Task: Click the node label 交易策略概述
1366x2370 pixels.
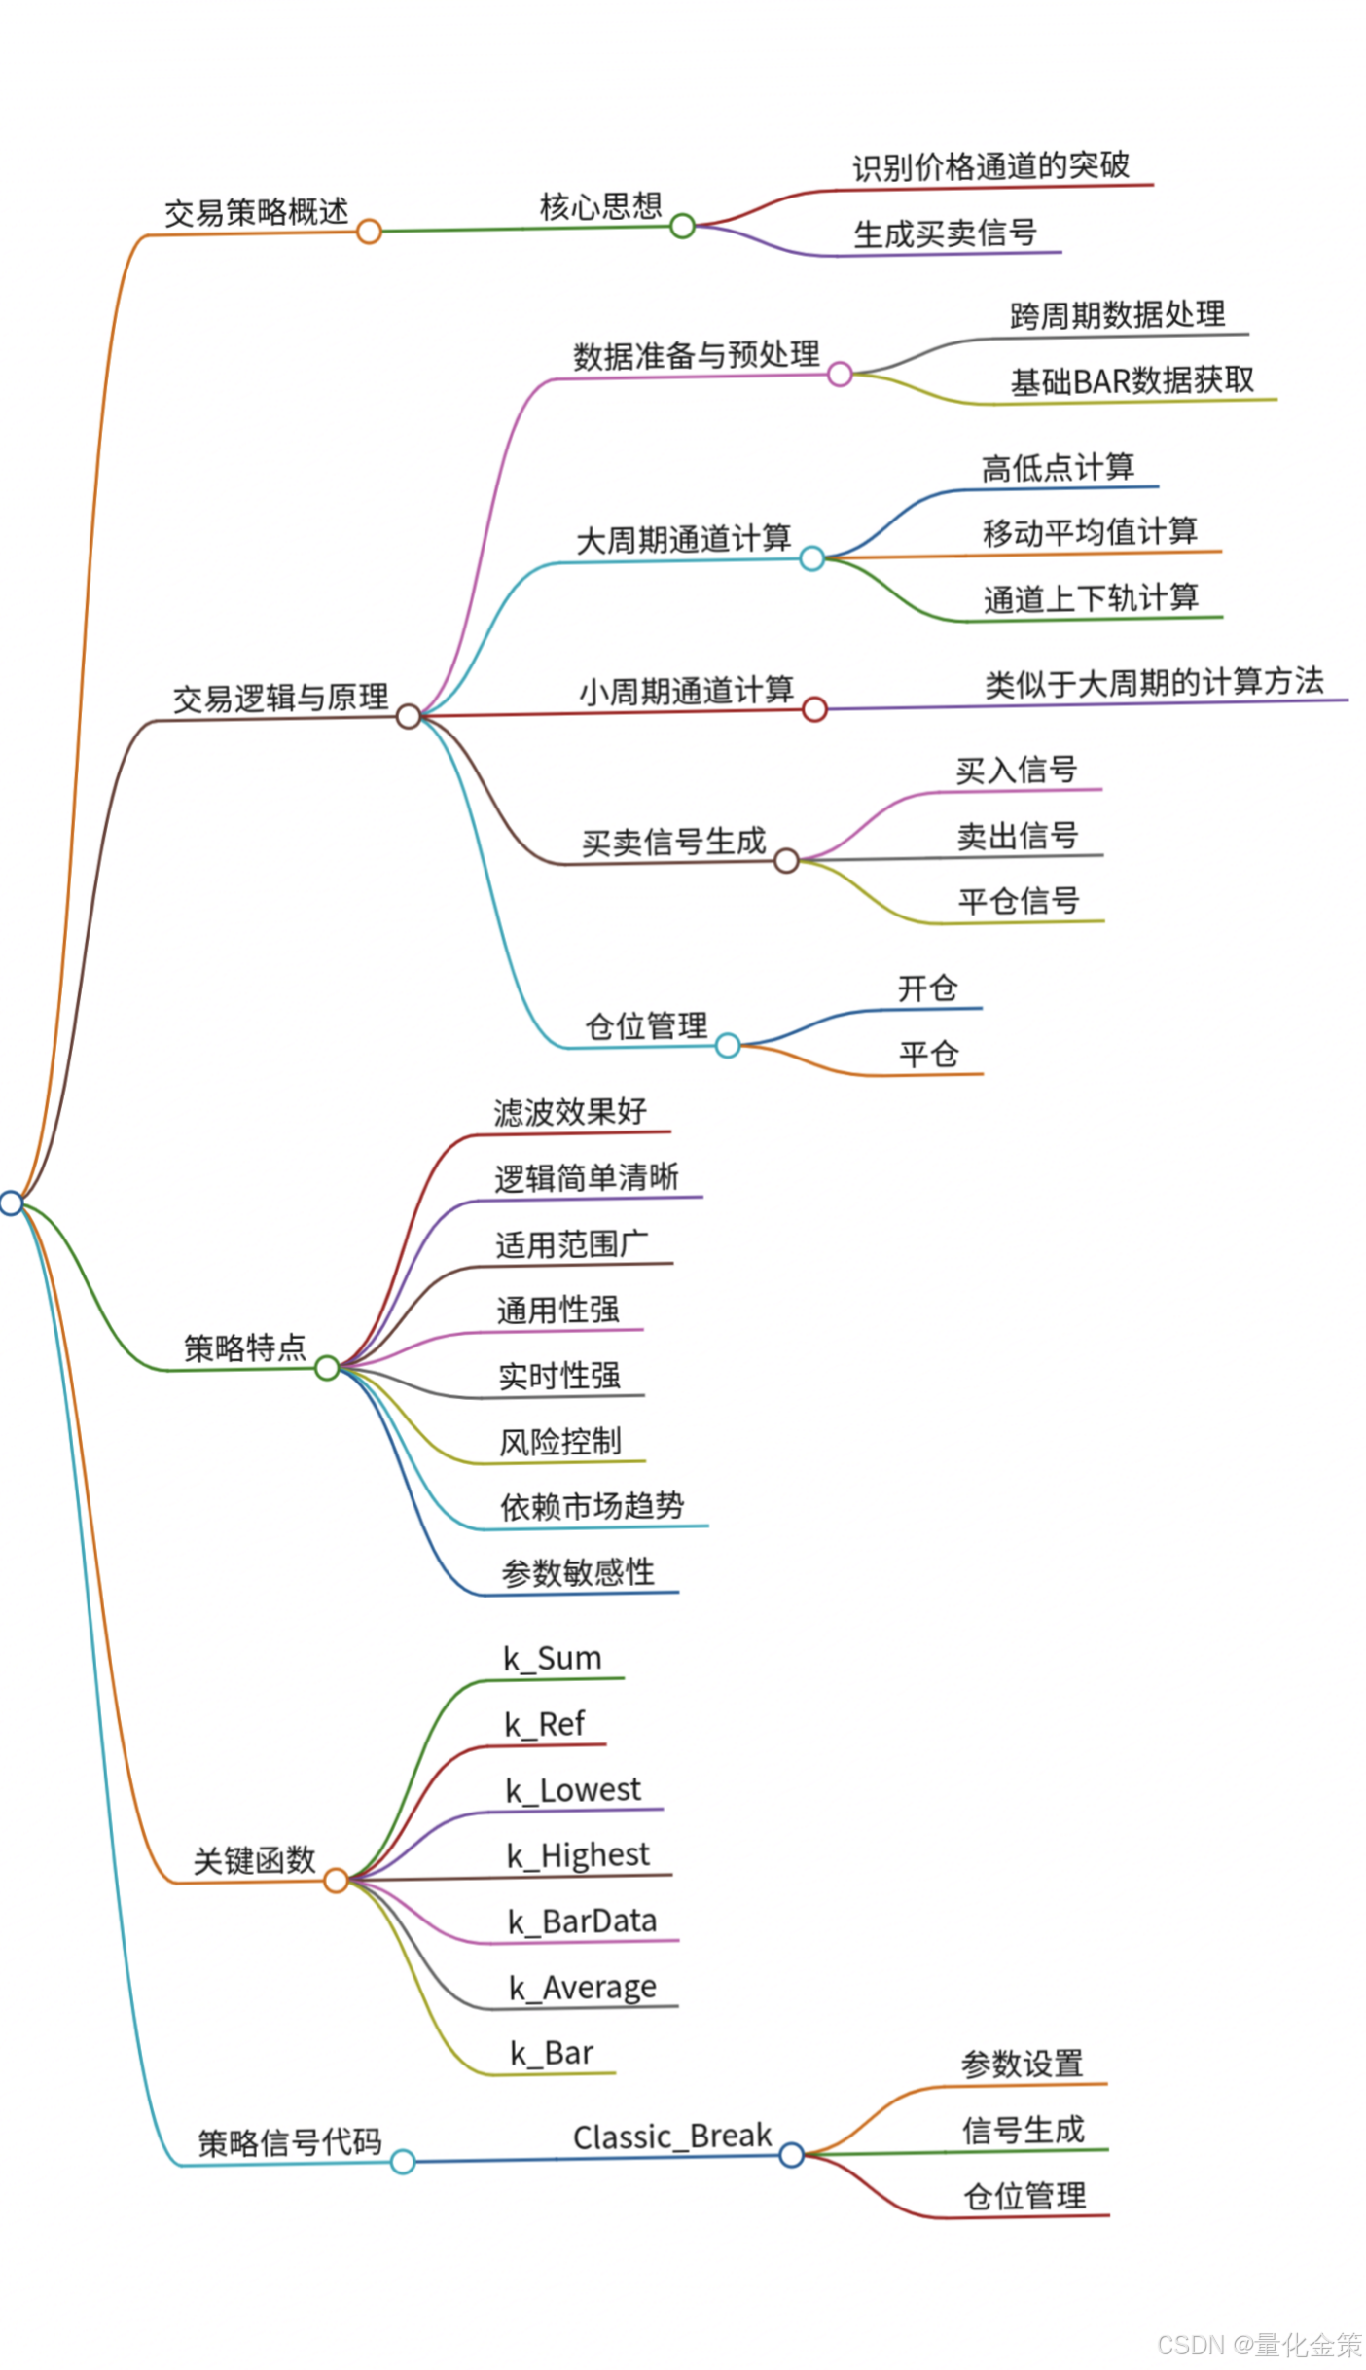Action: (x=256, y=211)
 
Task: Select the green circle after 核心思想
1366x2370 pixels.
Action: (x=682, y=227)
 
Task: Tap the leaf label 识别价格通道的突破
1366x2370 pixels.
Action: (x=990, y=166)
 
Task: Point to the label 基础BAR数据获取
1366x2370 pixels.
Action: (x=1132, y=381)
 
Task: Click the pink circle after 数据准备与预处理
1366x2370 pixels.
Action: (x=840, y=375)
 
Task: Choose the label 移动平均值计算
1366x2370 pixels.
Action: (x=1090, y=532)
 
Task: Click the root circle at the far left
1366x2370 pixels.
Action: (x=11, y=1203)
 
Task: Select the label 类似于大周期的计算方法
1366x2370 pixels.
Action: (x=1154, y=683)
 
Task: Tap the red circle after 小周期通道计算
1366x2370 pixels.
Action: (x=814, y=709)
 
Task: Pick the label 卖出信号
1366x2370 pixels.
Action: (x=1017, y=836)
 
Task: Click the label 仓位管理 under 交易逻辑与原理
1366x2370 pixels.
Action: (x=646, y=1025)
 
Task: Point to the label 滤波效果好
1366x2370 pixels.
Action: (x=570, y=1111)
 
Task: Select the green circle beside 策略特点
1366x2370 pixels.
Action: (x=327, y=1368)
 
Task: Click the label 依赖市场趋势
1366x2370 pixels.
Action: (x=592, y=1506)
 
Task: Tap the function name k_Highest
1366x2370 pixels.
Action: (x=578, y=1855)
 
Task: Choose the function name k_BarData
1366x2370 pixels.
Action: (x=582, y=1921)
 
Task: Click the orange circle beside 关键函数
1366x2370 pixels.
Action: (x=336, y=1881)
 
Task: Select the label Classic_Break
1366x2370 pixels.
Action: (x=671, y=2137)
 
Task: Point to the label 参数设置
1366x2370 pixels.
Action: (x=1022, y=2063)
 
